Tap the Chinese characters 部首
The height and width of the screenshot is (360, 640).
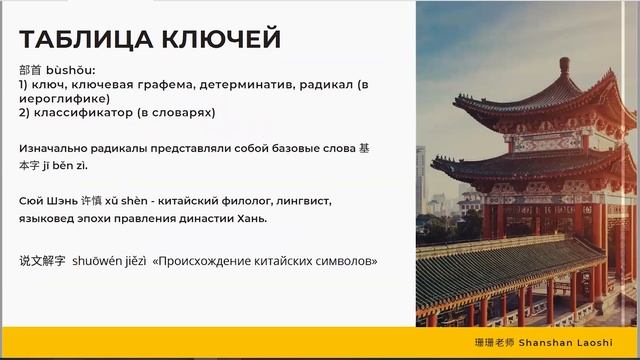click(31, 72)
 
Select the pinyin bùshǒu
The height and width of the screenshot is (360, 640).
click(71, 72)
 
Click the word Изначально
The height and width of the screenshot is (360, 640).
click(52, 148)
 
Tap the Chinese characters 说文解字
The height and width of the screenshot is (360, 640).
click(42, 260)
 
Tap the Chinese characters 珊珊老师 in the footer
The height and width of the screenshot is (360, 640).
click(496, 342)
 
